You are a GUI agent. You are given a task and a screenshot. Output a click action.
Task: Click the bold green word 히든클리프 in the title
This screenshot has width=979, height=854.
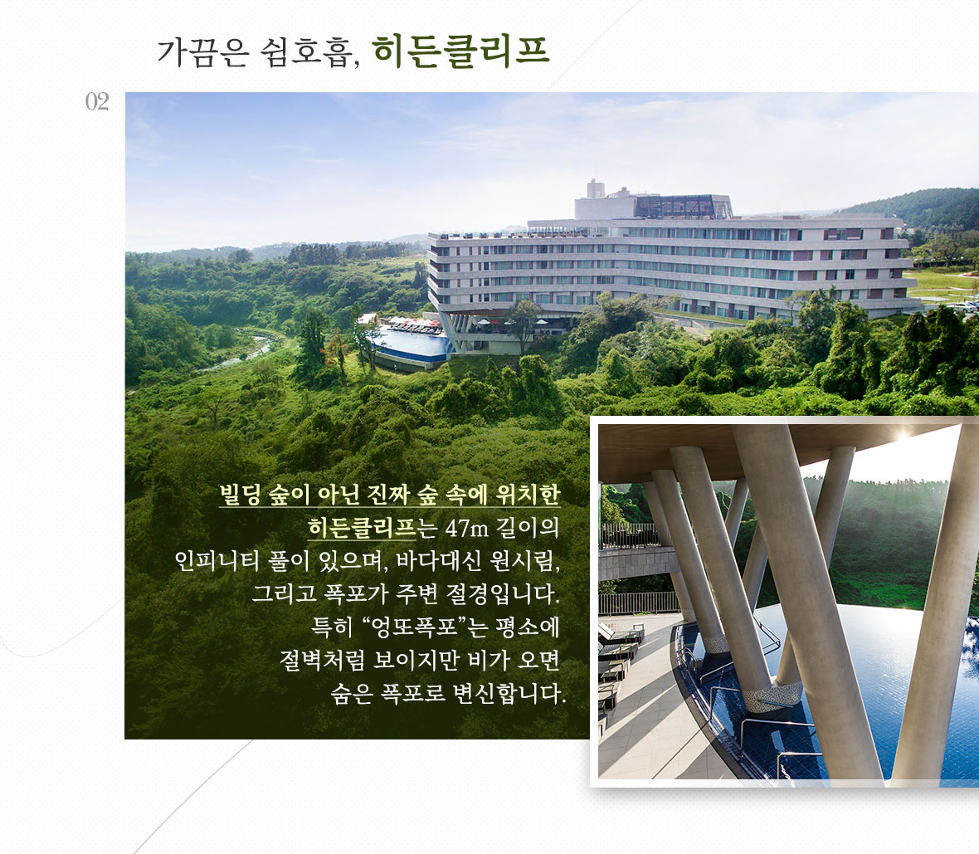coord(460,51)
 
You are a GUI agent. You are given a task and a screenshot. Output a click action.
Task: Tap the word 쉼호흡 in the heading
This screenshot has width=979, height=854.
coord(309,51)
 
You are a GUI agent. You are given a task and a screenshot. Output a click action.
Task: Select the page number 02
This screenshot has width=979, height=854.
coord(97,101)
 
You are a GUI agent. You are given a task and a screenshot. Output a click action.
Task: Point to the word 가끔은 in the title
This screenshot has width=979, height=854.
coord(203,51)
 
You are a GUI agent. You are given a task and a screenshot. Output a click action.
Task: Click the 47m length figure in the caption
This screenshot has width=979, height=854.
coord(466,529)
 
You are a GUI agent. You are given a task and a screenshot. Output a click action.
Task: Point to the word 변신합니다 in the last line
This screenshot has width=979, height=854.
coord(509,693)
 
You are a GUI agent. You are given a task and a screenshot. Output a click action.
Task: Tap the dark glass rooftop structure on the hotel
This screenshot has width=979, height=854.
coord(683,206)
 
